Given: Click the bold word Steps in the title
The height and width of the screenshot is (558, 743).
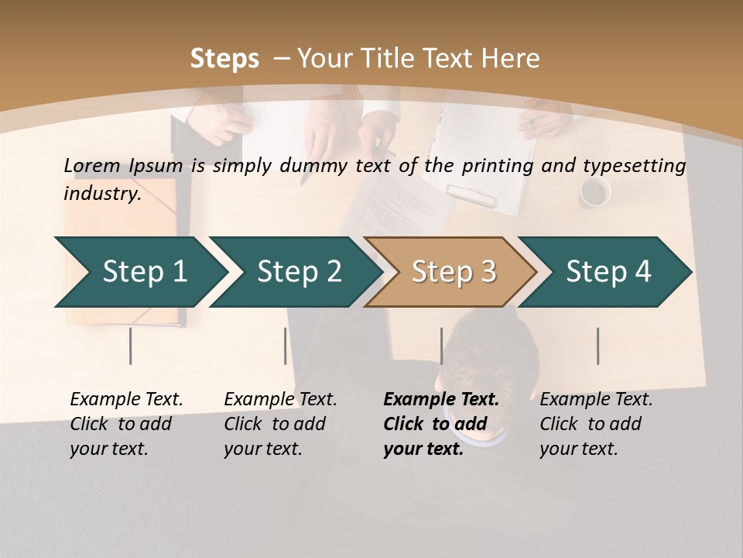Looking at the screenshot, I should [x=224, y=59].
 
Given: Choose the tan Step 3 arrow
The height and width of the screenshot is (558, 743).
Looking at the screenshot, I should [x=454, y=271].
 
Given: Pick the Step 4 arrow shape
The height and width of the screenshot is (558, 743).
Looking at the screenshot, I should [x=608, y=271].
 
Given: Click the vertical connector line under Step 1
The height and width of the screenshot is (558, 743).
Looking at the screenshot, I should [x=131, y=346].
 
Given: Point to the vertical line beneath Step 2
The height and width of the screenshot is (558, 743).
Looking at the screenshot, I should [x=286, y=346].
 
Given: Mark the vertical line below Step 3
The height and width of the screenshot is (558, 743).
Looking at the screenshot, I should [x=442, y=346].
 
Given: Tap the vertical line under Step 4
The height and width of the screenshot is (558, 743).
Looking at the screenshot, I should [x=598, y=346].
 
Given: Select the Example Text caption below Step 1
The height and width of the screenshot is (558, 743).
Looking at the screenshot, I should [x=126, y=424].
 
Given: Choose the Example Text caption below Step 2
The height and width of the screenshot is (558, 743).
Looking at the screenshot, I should [x=280, y=424].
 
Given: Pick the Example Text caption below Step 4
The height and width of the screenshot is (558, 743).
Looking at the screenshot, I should [x=596, y=424].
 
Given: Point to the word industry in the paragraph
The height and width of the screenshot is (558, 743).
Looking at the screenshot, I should [x=101, y=193].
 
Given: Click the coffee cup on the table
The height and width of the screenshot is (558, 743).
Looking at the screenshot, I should [x=595, y=192].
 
